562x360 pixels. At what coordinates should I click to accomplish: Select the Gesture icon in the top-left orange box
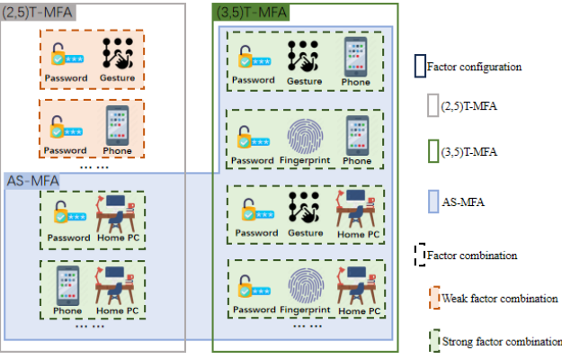click(117, 55)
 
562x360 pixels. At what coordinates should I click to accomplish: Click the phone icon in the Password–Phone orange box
click(117, 125)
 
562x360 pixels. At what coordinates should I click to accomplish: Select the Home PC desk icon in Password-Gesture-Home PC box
click(357, 209)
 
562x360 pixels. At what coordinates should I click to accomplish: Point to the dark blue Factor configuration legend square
click(420, 66)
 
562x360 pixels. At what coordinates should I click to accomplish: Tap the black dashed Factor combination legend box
click(420, 255)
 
